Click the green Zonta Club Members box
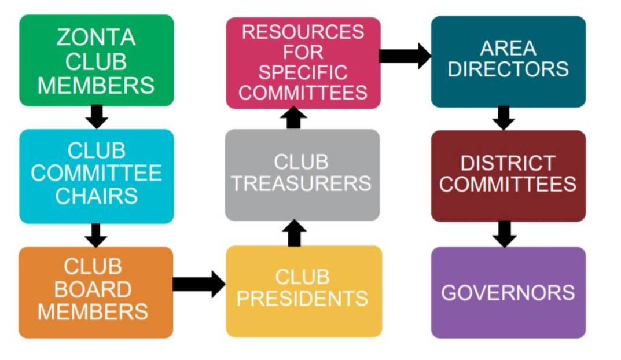click(97, 60)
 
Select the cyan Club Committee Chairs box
click(97, 176)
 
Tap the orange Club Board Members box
click(96, 292)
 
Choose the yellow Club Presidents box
click(304, 292)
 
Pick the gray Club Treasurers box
click(303, 175)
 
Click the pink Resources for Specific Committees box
click(303, 63)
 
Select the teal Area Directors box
click(509, 62)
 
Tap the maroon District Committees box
click(509, 176)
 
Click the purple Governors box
click(509, 293)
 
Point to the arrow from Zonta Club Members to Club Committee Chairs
click(97, 117)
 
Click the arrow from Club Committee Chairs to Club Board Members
click(96, 235)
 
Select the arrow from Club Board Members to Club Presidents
click(199, 284)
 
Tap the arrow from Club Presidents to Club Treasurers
click(294, 233)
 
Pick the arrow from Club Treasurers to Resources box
click(293, 117)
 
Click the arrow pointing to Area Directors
click(405, 56)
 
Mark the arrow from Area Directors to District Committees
click(504, 118)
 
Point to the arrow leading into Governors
click(504, 234)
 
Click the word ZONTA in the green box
click(96, 37)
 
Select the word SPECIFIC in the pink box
click(303, 72)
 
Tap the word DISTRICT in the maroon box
click(508, 163)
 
